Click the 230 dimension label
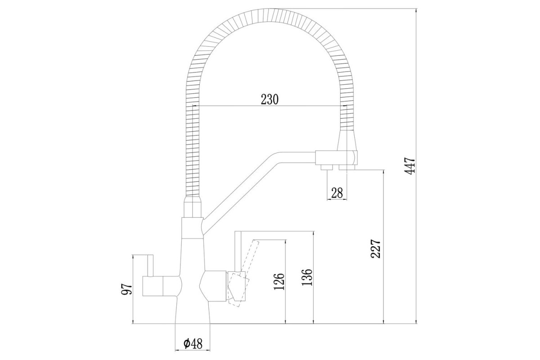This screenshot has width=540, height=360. [x=270, y=99]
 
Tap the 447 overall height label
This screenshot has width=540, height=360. [x=409, y=166]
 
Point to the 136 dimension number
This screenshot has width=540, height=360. [x=307, y=277]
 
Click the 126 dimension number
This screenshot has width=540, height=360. [x=279, y=281]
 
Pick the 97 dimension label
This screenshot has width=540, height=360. [x=126, y=289]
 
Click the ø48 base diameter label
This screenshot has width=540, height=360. [x=193, y=343]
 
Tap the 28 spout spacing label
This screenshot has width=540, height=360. [x=337, y=193]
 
